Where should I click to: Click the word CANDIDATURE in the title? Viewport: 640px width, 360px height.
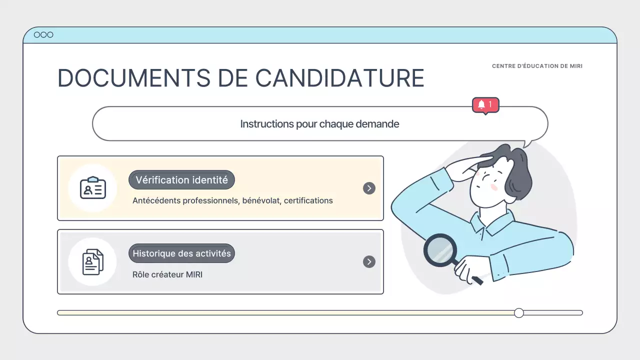(340, 78)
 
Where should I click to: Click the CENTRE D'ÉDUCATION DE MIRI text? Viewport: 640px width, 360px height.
(537, 66)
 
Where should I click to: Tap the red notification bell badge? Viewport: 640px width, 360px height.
(485, 104)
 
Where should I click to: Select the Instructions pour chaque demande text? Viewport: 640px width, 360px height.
(319, 124)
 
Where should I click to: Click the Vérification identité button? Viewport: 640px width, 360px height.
(181, 180)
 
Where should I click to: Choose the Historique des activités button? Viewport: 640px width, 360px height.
(181, 253)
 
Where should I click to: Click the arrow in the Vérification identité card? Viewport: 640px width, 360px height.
(369, 188)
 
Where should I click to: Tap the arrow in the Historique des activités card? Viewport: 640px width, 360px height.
(369, 261)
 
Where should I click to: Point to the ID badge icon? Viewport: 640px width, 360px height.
(93, 188)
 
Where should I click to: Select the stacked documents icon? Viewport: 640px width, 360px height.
(92, 261)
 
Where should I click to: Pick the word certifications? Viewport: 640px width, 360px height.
(308, 200)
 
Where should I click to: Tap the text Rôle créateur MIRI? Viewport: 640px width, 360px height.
(167, 274)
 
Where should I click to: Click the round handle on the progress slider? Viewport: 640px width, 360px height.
(519, 313)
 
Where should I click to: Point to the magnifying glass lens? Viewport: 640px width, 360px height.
(440, 250)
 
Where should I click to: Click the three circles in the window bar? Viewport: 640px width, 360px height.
(43, 34)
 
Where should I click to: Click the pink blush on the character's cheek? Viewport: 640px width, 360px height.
(494, 186)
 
